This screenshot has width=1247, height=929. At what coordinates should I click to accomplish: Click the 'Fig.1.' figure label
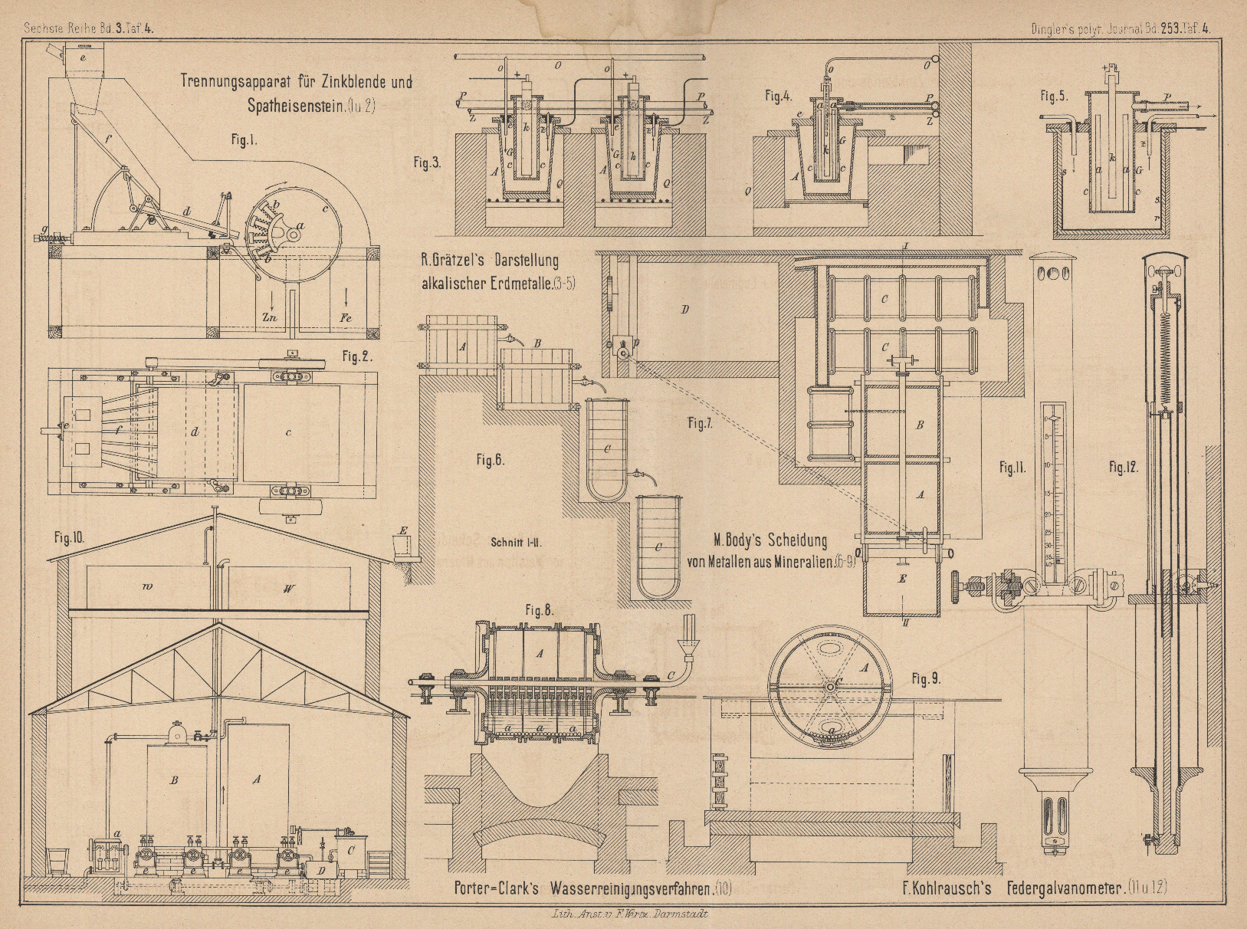[244, 140]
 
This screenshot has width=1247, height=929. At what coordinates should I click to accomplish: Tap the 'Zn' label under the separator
[269, 315]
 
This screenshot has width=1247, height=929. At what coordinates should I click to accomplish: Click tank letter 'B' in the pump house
[174, 780]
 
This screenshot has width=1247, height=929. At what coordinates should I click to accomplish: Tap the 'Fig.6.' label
[490, 460]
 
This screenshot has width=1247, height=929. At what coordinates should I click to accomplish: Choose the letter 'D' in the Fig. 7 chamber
[684, 309]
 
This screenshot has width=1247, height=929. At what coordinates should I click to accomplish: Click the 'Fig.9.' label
[927, 678]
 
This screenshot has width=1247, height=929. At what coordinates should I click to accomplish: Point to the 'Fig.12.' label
[1123, 467]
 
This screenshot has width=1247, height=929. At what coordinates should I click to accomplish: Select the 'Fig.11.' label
[1012, 467]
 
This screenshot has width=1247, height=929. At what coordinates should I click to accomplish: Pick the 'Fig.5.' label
[1054, 96]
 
